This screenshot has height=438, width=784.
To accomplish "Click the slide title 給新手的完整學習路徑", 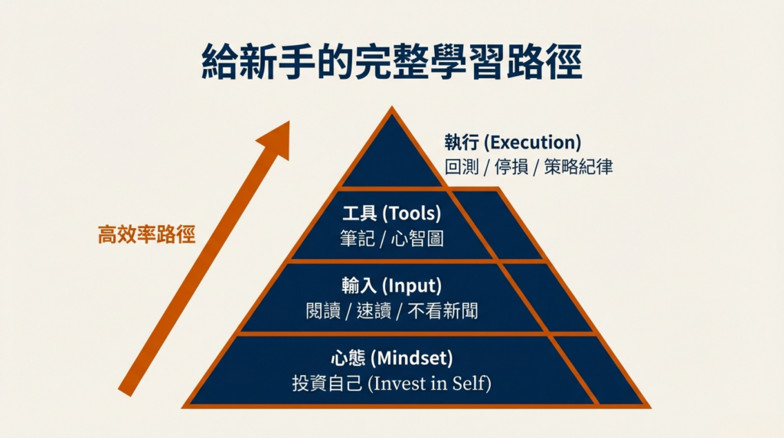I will [x=391, y=63].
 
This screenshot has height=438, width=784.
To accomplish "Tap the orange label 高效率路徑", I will [x=146, y=234].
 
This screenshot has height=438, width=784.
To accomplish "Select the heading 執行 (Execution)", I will [x=512, y=142].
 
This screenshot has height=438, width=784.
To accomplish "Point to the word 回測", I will [x=462, y=167].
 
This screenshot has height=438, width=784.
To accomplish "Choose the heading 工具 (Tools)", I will [x=391, y=214].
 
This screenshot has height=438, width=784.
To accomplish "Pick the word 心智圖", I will [x=416, y=238].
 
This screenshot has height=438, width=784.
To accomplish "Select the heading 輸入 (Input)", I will [x=391, y=286].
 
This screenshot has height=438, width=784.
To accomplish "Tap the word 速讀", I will [x=373, y=310].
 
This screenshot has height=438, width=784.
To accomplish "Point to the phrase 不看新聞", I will [x=445, y=310].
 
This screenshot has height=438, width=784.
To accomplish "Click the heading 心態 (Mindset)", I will [x=391, y=358].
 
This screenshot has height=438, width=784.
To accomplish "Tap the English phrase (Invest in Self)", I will [x=429, y=382].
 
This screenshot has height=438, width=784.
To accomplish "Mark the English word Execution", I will [x=533, y=142].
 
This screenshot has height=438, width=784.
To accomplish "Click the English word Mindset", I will [x=412, y=358].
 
